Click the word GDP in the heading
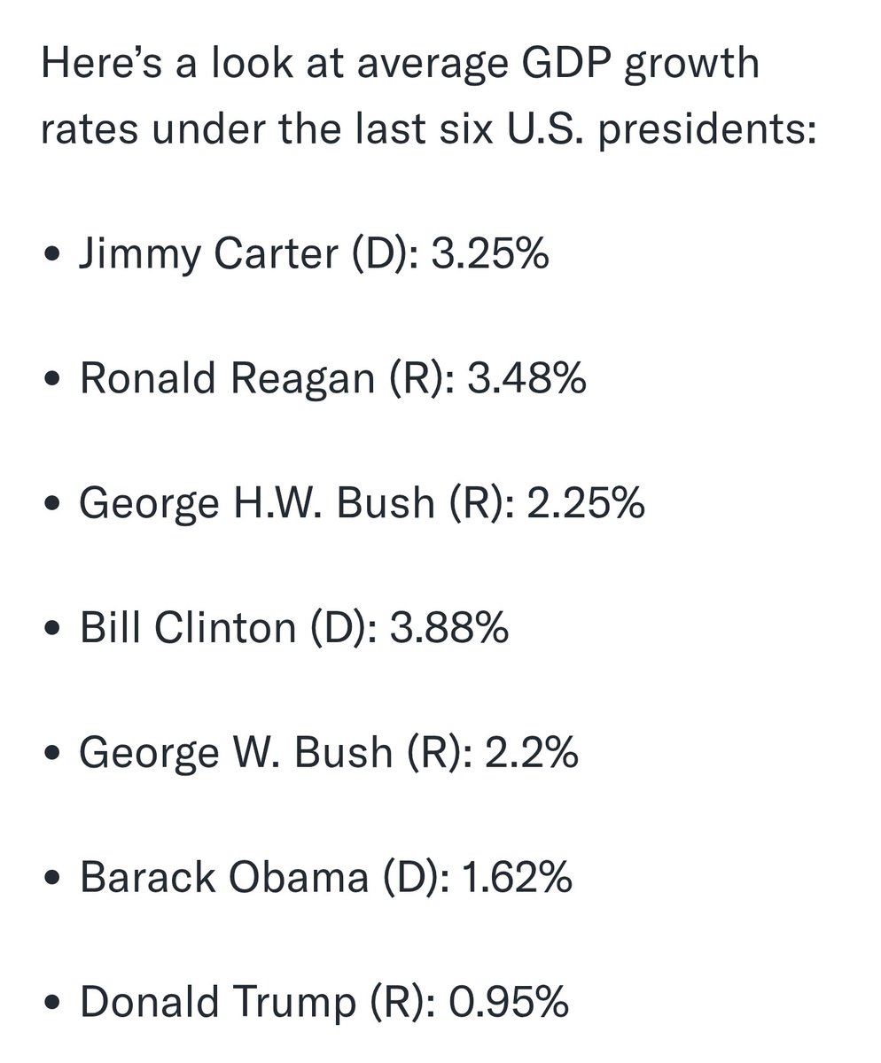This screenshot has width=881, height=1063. pos(566,63)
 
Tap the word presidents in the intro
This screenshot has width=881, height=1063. pos(707,128)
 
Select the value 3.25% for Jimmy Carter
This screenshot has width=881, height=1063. pos(490,253)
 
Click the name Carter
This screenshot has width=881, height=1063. pos(276,253)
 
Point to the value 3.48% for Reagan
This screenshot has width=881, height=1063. pos(526,377)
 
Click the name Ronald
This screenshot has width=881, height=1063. pos(148,377)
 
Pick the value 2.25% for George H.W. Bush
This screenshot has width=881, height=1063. pos(586,502)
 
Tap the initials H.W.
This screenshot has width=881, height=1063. pos(277,502)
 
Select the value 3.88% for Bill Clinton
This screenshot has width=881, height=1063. pos(449,627)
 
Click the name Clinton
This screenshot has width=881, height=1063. pos(225,627)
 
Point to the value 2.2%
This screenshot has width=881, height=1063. pos(532,752)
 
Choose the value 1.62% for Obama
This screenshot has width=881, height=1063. pos(517,877)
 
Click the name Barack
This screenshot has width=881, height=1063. pos(148,877)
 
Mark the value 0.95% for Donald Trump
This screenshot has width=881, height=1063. pos(509,1001)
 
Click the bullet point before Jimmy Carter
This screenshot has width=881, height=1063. pos(52,254)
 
